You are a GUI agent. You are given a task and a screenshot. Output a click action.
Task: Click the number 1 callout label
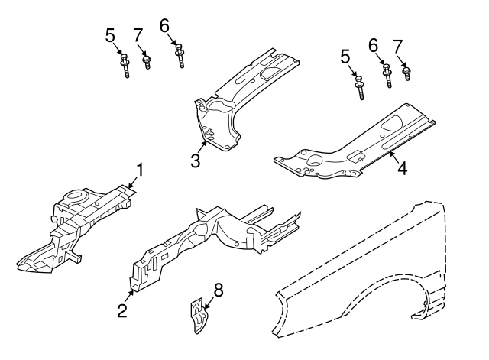pyautogui.click(x=139, y=168)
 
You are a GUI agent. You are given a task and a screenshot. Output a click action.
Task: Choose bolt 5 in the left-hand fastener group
pyautogui.click(x=124, y=65)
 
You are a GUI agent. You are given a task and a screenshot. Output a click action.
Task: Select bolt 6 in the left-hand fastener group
pyautogui.click(x=180, y=55)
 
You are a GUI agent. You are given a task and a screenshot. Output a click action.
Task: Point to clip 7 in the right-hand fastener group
pyautogui.click(x=406, y=73)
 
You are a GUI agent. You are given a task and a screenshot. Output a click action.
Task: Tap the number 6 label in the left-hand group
pyautogui.click(x=164, y=25)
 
